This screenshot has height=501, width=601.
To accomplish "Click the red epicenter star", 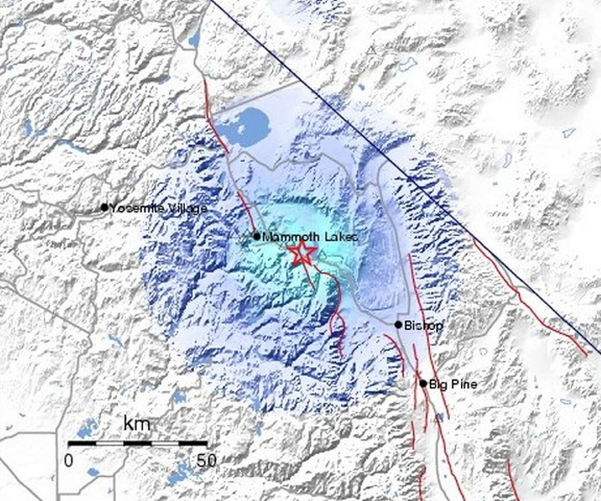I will point(301,253).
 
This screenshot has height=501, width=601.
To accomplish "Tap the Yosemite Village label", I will point(158,208).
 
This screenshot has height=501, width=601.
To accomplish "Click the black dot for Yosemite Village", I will point(104,207).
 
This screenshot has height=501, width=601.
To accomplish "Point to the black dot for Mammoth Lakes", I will point(257,237).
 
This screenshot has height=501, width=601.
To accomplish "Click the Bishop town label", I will point(424,325).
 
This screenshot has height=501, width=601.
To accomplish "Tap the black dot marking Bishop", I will point(398,325).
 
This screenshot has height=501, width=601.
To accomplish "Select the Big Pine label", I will point(453,384).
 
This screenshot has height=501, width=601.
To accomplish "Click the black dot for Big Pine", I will point(423,383).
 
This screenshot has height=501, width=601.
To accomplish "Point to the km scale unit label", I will point(136,424).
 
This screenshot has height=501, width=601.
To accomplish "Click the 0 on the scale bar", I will point(68,460).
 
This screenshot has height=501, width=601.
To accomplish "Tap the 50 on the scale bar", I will point(207,460).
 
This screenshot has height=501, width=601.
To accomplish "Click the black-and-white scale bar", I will point(138,443).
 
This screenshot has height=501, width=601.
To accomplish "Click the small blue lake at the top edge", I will point(194,40).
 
